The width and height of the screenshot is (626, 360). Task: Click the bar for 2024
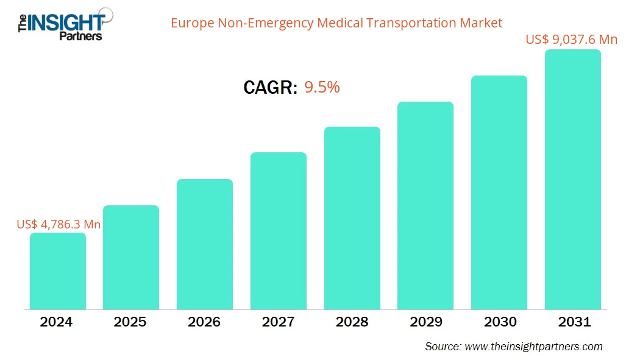click(58, 271)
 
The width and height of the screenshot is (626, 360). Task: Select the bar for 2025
click(131, 257)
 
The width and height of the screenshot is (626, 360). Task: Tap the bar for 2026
click(205, 244)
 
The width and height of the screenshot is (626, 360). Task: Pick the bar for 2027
click(279, 231)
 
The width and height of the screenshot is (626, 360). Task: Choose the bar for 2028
click(352, 218)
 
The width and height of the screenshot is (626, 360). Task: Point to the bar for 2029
click(425, 205)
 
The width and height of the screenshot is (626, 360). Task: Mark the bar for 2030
click(499, 192)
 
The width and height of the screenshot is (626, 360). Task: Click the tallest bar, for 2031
click(572, 180)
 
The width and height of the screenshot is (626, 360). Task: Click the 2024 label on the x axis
click(57, 322)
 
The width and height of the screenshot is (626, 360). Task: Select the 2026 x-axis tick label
click(204, 322)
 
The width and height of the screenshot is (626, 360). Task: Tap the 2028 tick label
click(352, 322)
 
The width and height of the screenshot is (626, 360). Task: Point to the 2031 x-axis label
click(573, 322)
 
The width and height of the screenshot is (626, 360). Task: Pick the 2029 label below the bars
click(425, 322)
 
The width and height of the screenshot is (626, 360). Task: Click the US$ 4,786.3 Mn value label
click(59, 224)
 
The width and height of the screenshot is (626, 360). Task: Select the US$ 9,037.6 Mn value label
click(572, 40)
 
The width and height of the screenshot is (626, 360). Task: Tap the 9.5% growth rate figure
click(322, 87)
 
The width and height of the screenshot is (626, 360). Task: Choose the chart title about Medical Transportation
click(336, 23)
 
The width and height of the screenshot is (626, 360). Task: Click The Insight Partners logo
click(61, 23)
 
